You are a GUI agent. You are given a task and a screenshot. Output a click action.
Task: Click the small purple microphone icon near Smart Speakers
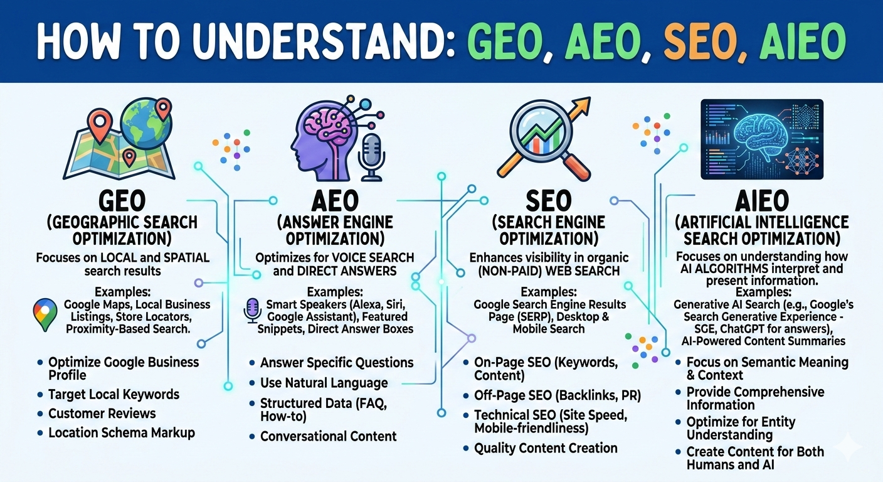click(252, 309)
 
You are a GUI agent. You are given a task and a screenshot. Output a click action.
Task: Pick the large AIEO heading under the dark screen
click(761, 201)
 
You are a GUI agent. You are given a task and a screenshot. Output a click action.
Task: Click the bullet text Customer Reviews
click(102, 414)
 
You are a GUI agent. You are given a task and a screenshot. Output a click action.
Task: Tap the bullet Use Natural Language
click(324, 382)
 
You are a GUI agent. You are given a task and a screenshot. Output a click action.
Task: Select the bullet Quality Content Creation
click(546, 448)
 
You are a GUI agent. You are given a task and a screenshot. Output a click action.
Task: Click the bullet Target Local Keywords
click(114, 395)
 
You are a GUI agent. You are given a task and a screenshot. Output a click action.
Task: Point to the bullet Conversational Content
click(328, 436)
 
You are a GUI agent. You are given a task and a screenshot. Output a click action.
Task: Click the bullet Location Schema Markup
click(121, 432)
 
